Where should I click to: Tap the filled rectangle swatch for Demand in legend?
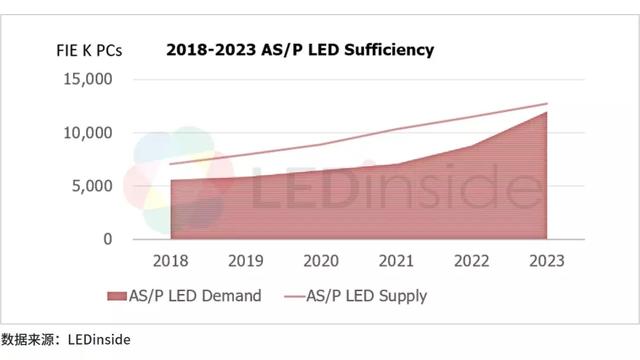118,295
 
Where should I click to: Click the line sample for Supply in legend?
292,295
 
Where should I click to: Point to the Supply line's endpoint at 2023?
548,104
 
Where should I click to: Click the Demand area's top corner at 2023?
547,112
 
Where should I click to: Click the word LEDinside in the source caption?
98,340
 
